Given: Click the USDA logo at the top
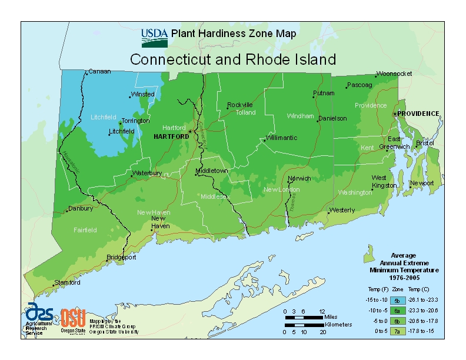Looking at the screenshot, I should (x=155, y=36).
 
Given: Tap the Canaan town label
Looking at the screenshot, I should (x=99, y=72).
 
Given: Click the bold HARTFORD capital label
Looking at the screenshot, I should (x=171, y=136).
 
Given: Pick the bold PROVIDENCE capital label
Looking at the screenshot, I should (x=418, y=113).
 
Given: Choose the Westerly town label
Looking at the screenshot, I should (x=342, y=210).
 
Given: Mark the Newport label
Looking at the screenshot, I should (x=421, y=183).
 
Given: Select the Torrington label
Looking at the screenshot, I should (x=135, y=121).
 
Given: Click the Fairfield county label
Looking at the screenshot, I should (x=85, y=230).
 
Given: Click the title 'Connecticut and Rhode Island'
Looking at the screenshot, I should (x=233, y=59).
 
